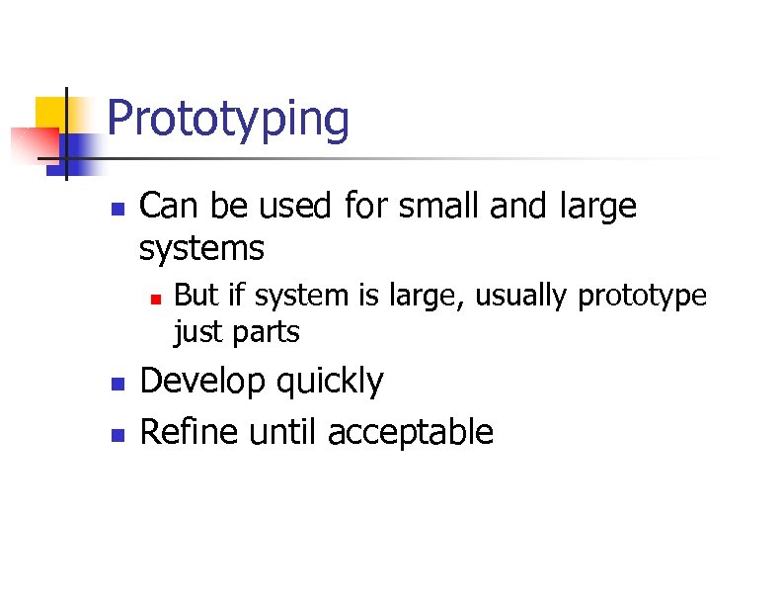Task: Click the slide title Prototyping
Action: click(x=227, y=121)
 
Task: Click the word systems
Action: click(x=201, y=248)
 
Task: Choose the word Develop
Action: click(x=202, y=382)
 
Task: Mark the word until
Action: click(x=285, y=432)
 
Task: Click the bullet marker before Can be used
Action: click(x=117, y=209)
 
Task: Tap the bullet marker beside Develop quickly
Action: click(x=117, y=383)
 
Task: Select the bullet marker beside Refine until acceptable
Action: click(x=117, y=433)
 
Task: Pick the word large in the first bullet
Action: click(x=598, y=209)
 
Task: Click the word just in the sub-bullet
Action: click(x=196, y=332)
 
